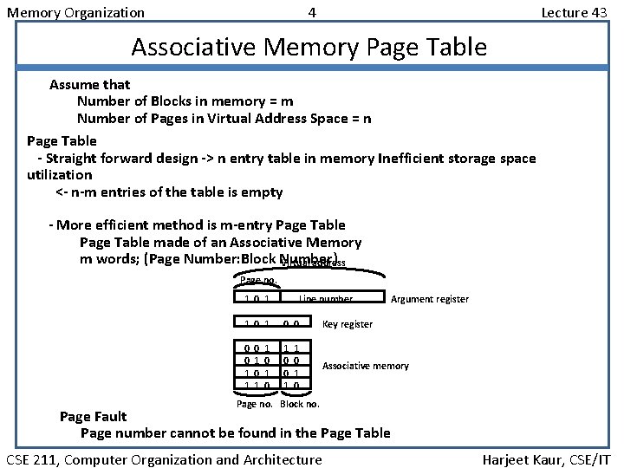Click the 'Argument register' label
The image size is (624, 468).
430,299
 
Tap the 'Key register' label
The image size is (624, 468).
347,324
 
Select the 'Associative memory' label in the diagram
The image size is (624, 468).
365,366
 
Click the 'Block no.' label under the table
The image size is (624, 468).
300,404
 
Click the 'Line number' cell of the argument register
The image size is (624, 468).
325,299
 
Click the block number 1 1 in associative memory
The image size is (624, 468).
291,348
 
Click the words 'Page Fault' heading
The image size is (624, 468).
92,417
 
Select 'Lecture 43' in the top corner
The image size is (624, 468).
574,12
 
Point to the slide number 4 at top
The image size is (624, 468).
312,12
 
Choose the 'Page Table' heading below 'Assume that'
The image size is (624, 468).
62,140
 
